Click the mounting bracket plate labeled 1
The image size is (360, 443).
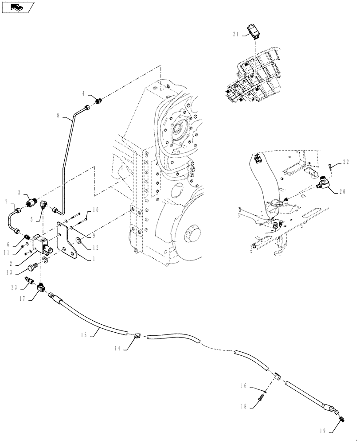click(70, 241)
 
